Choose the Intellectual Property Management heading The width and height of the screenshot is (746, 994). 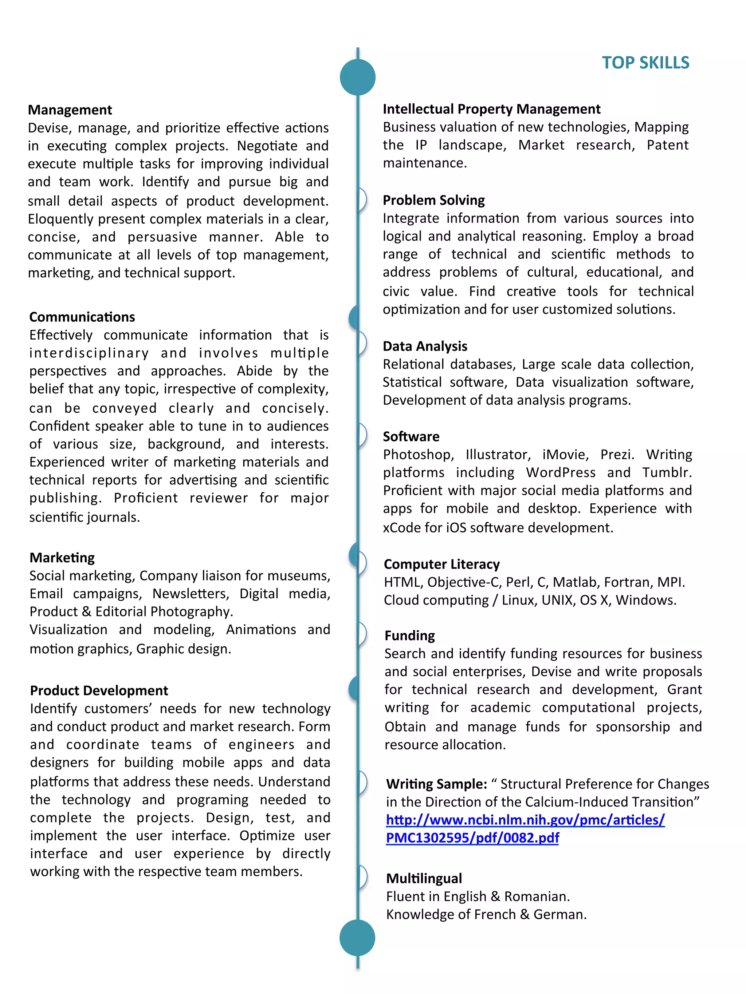click(x=491, y=109)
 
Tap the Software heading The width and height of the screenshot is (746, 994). click(x=411, y=436)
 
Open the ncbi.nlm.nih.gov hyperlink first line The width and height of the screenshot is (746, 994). click(x=525, y=820)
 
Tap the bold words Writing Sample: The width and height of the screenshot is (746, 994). click(x=436, y=784)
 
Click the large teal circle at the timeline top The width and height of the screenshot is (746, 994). click(x=357, y=77)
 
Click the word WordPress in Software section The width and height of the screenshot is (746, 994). click(x=561, y=472)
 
